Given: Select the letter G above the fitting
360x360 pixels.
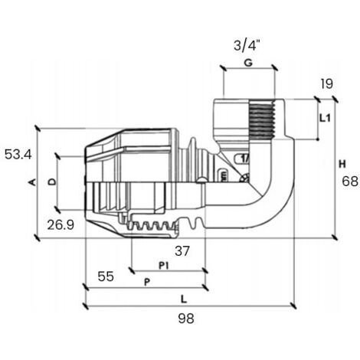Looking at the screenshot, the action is (x=248, y=63).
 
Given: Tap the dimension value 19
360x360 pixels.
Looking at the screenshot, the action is (x=327, y=84).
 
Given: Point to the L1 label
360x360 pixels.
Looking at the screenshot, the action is (x=326, y=118).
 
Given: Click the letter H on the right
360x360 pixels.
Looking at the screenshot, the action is (x=342, y=164).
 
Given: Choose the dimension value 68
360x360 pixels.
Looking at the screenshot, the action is (x=350, y=182).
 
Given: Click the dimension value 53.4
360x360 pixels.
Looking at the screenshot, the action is (x=18, y=155).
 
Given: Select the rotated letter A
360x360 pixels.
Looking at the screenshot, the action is (x=32, y=182).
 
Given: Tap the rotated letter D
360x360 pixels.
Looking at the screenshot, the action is (x=52, y=182).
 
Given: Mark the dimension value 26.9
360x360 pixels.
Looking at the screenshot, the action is (x=61, y=225).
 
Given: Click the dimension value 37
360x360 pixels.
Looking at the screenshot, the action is (x=182, y=251).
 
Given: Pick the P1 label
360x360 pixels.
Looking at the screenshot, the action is (x=164, y=266).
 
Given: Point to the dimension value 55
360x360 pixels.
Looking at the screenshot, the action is (x=106, y=277).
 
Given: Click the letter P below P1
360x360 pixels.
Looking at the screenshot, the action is (x=147, y=283).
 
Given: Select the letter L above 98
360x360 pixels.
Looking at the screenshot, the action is (x=184, y=299).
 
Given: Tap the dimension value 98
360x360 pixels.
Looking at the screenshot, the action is (x=186, y=319).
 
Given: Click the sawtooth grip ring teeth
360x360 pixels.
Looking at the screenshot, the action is (x=152, y=226).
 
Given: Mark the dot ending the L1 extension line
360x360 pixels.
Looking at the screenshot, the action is (x=318, y=139).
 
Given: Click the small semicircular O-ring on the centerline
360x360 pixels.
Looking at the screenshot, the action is (x=201, y=180).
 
